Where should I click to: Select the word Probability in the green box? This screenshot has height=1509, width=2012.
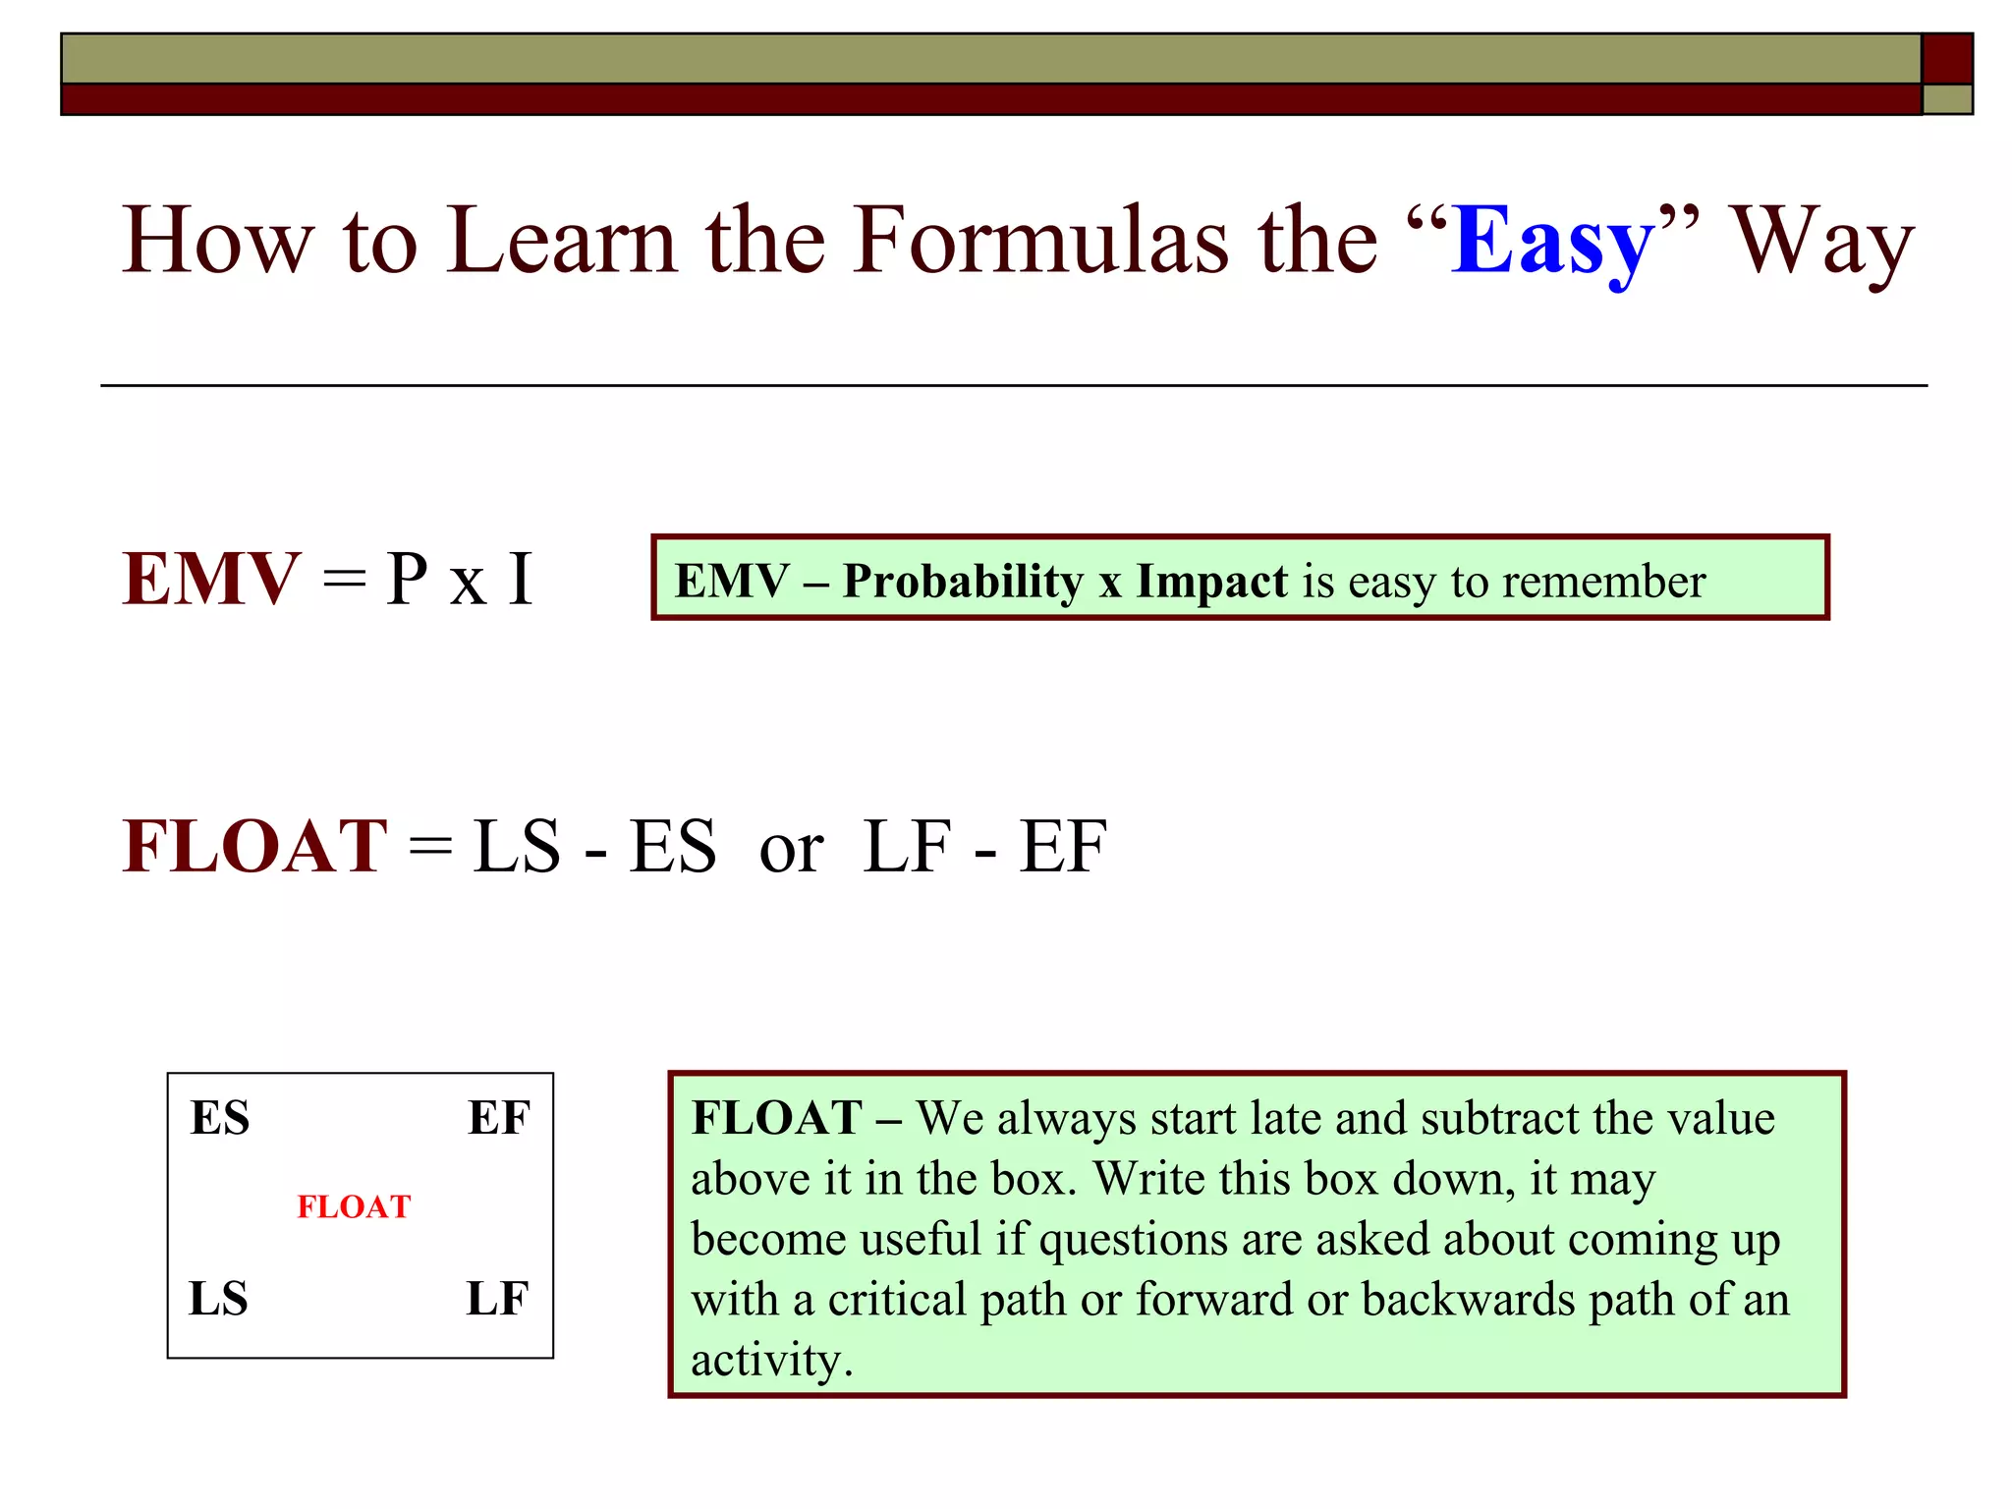(x=963, y=581)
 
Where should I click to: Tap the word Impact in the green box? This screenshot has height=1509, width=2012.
(x=1211, y=581)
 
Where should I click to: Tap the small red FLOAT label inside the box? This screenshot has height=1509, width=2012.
(x=354, y=1206)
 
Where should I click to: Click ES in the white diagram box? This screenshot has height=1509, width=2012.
(x=220, y=1118)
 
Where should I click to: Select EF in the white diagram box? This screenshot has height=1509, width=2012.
(x=498, y=1118)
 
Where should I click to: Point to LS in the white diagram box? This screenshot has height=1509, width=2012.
(x=218, y=1299)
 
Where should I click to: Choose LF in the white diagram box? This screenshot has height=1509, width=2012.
(x=497, y=1299)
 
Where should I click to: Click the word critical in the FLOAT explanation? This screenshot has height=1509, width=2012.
(x=896, y=1300)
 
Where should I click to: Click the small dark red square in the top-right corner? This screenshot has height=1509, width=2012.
(x=1946, y=59)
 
